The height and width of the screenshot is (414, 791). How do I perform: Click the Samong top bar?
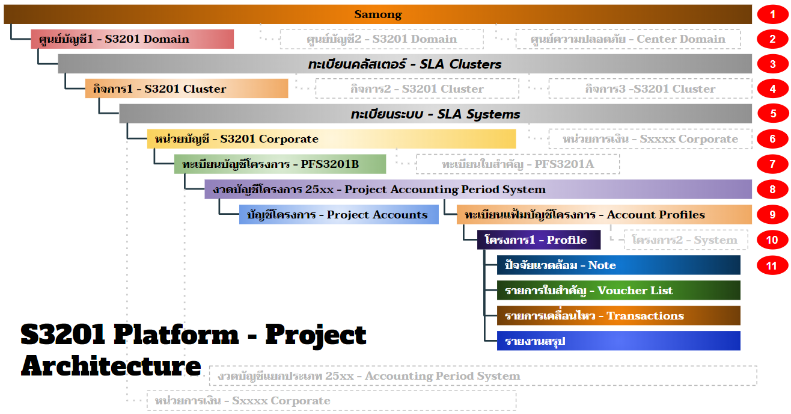click(x=378, y=14)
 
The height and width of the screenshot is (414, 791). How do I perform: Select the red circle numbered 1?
click(x=772, y=14)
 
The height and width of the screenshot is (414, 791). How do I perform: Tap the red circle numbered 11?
click(x=772, y=265)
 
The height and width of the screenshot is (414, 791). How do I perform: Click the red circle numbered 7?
click(x=772, y=164)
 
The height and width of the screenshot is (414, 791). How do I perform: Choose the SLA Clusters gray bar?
click(x=405, y=64)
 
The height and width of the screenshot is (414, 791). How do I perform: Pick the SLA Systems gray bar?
click(x=436, y=114)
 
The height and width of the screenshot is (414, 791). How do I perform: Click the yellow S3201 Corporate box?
click(x=332, y=138)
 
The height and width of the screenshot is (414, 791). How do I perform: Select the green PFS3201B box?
click(x=280, y=164)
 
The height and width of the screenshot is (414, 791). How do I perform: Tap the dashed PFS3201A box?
click(x=518, y=164)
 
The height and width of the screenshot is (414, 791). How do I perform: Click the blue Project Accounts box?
click(x=339, y=215)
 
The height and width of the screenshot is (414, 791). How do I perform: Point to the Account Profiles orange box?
click(x=604, y=215)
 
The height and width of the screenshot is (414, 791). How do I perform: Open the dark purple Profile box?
click(x=539, y=239)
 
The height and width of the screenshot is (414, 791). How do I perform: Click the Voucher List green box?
click(x=618, y=290)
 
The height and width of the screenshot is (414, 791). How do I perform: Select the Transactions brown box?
click(x=618, y=315)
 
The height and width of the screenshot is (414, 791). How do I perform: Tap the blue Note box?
click(x=618, y=265)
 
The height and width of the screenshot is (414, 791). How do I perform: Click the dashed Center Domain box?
click(x=628, y=39)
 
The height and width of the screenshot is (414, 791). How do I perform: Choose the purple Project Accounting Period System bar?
click(x=478, y=189)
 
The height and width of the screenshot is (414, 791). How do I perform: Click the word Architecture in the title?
click(x=111, y=366)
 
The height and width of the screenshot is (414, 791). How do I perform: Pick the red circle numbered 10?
click(x=772, y=240)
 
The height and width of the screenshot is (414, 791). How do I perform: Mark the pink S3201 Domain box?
click(x=132, y=39)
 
